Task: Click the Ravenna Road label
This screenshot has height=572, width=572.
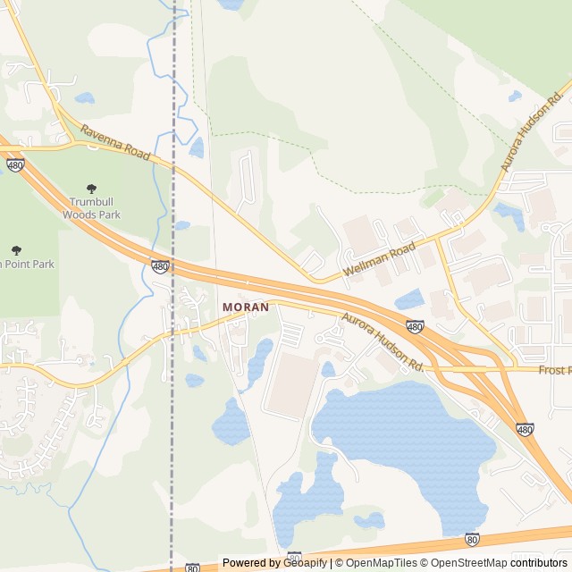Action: (x=115, y=143)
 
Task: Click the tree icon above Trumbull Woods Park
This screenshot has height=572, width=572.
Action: (x=90, y=189)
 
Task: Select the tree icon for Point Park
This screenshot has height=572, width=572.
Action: (x=15, y=250)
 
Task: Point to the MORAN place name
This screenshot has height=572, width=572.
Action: (x=245, y=307)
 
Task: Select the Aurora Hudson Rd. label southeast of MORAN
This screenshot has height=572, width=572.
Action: (x=383, y=342)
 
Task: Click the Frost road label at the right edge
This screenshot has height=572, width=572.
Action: (x=554, y=369)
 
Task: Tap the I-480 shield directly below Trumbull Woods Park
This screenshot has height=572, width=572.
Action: (x=160, y=266)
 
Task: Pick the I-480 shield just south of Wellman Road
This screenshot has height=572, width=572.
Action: (x=415, y=328)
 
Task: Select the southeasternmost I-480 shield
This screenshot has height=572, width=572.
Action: (x=526, y=430)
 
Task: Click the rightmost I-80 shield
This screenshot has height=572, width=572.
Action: (x=472, y=539)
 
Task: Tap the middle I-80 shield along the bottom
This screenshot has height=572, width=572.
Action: (x=294, y=558)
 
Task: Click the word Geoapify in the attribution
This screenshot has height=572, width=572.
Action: (x=305, y=563)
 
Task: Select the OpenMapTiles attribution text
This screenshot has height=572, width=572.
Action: (x=381, y=563)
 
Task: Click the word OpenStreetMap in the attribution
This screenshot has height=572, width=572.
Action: (x=468, y=563)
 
